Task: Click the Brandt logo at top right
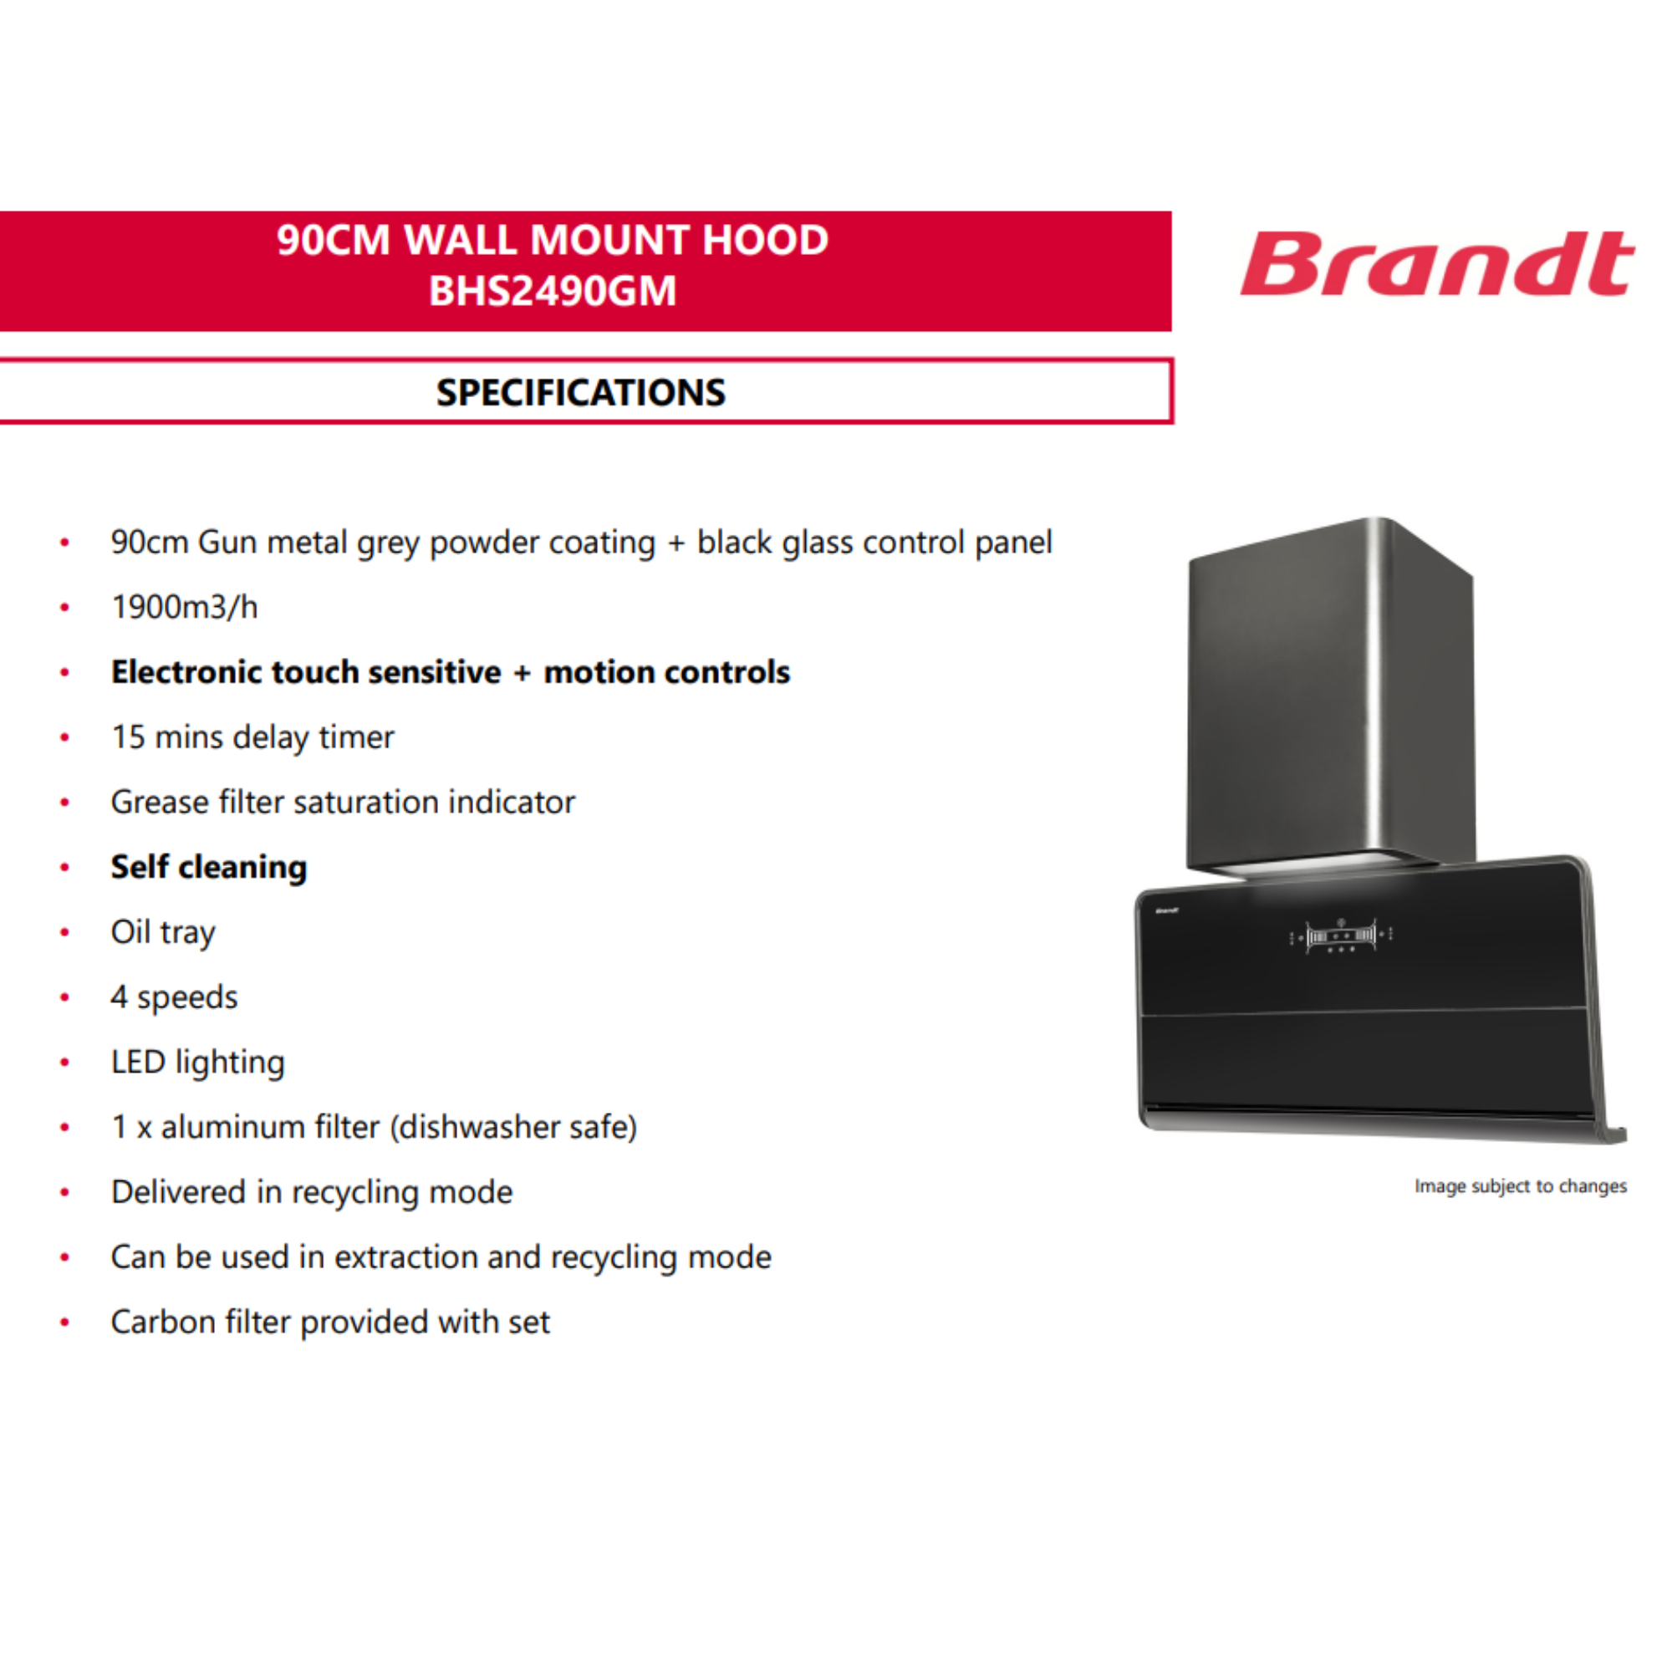click(x=1436, y=263)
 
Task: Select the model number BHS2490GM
click(x=552, y=291)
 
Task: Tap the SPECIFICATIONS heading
click(x=581, y=393)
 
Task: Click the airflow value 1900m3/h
click(x=184, y=608)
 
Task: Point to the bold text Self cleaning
click(x=208, y=868)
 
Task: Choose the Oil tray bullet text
click(x=163, y=933)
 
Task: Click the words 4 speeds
click(x=174, y=998)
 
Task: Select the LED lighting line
click(x=197, y=1063)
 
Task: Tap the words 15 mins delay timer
click(x=252, y=737)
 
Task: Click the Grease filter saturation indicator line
click(x=343, y=803)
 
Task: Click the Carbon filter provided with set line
click(x=330, y=1323)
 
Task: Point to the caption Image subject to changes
click(x=1521, y=1185)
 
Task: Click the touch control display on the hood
click(x=1341, y=935)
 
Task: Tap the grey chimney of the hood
click(x=1331, y=696)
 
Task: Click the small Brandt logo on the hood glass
click(x=1167, y=910)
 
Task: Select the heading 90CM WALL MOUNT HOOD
click(x=552, y=240)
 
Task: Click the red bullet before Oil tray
click(x=64, y=932)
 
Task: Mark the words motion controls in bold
click(x=666, y=672)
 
